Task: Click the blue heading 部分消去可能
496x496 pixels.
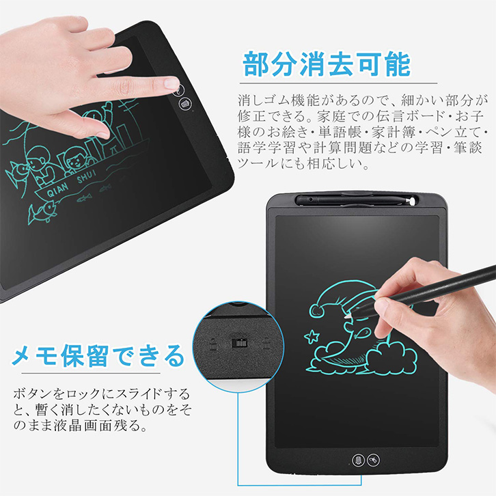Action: point(327,64)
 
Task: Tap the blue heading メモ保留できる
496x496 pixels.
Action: point(98,355)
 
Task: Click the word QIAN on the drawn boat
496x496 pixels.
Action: point(57,191)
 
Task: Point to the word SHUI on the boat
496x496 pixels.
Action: point(86,176)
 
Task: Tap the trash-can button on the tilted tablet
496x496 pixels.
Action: point(185,103)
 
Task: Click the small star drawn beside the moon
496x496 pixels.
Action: point(312,337)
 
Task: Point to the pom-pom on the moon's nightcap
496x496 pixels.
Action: point(316,311)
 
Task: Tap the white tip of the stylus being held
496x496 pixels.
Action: point(349,314)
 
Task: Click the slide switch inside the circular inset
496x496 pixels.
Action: point(239,343)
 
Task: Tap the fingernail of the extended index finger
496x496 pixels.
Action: point(171,83)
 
